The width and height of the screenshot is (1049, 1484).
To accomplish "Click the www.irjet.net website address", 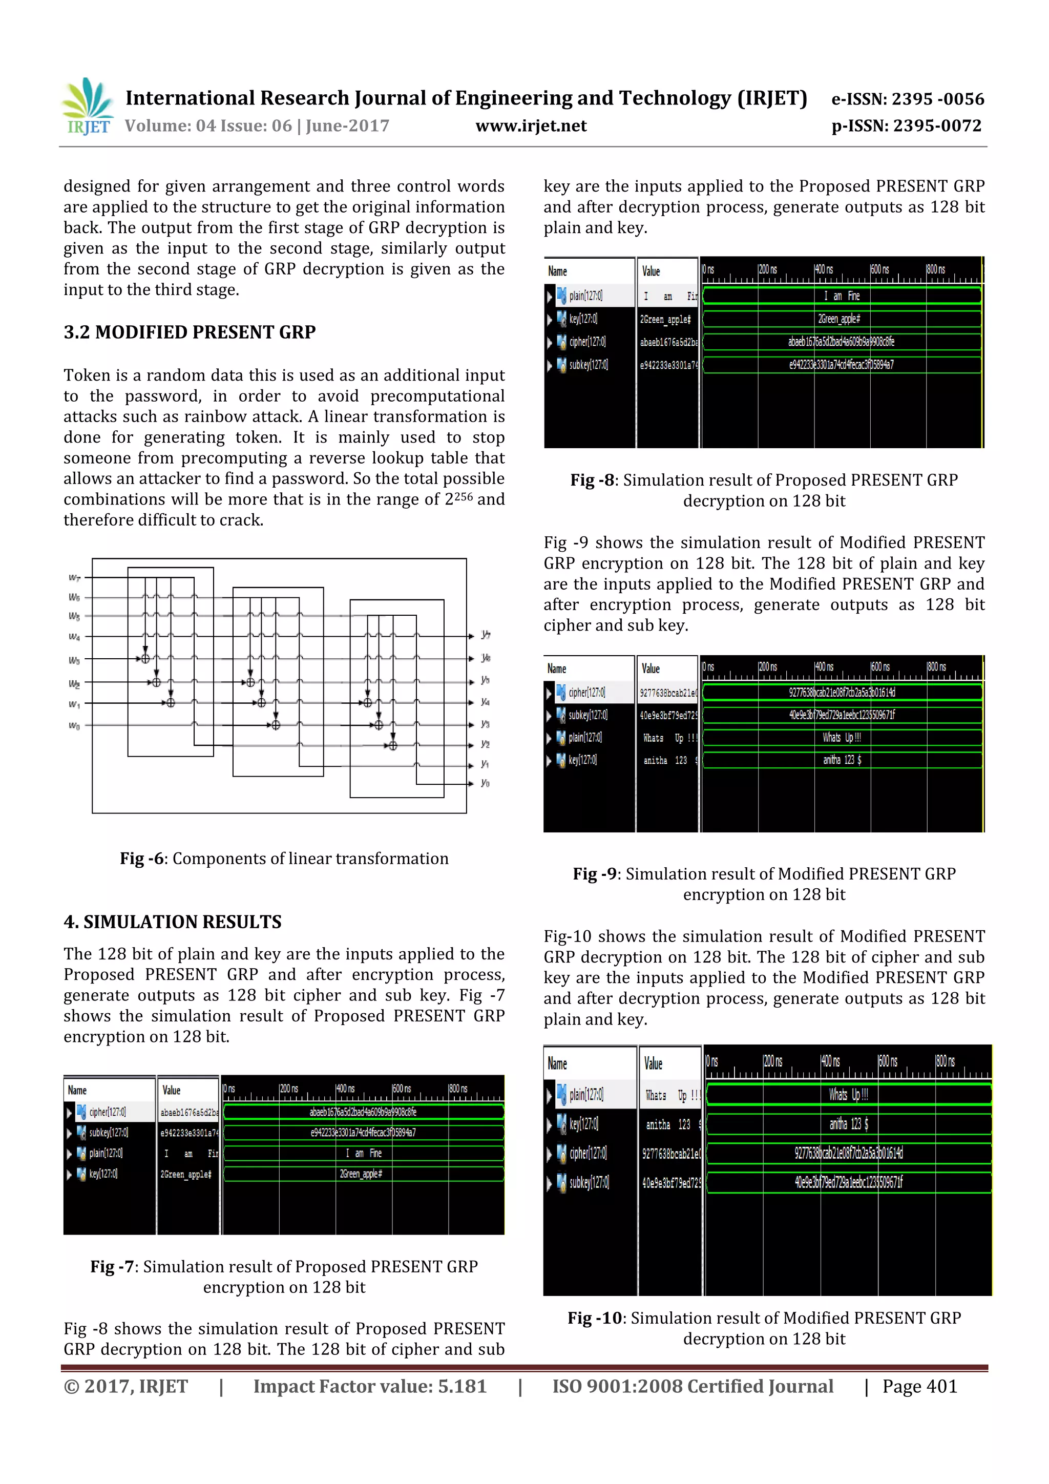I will point(531,126).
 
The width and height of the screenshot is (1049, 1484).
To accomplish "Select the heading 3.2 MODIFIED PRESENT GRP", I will point(190,332).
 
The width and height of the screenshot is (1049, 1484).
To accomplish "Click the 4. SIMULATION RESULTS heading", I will point(173,922).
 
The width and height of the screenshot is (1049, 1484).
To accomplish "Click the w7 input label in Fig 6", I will point(75,577).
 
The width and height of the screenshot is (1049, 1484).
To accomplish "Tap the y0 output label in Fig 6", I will point(485,783).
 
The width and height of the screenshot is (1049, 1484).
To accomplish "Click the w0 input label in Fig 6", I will point(75,726).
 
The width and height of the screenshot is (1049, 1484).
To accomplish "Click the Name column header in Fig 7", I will point(77,1091).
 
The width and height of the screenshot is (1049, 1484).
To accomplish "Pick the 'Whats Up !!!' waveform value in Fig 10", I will point(849,1094).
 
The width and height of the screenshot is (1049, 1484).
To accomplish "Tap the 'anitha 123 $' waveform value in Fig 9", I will point(842,760).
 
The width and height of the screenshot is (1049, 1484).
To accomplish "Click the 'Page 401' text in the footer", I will point(919,1386).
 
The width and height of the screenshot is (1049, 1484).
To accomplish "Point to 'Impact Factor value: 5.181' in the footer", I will point(370,1386).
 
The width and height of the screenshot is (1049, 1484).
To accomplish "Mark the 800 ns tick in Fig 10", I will point(945,1061).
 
